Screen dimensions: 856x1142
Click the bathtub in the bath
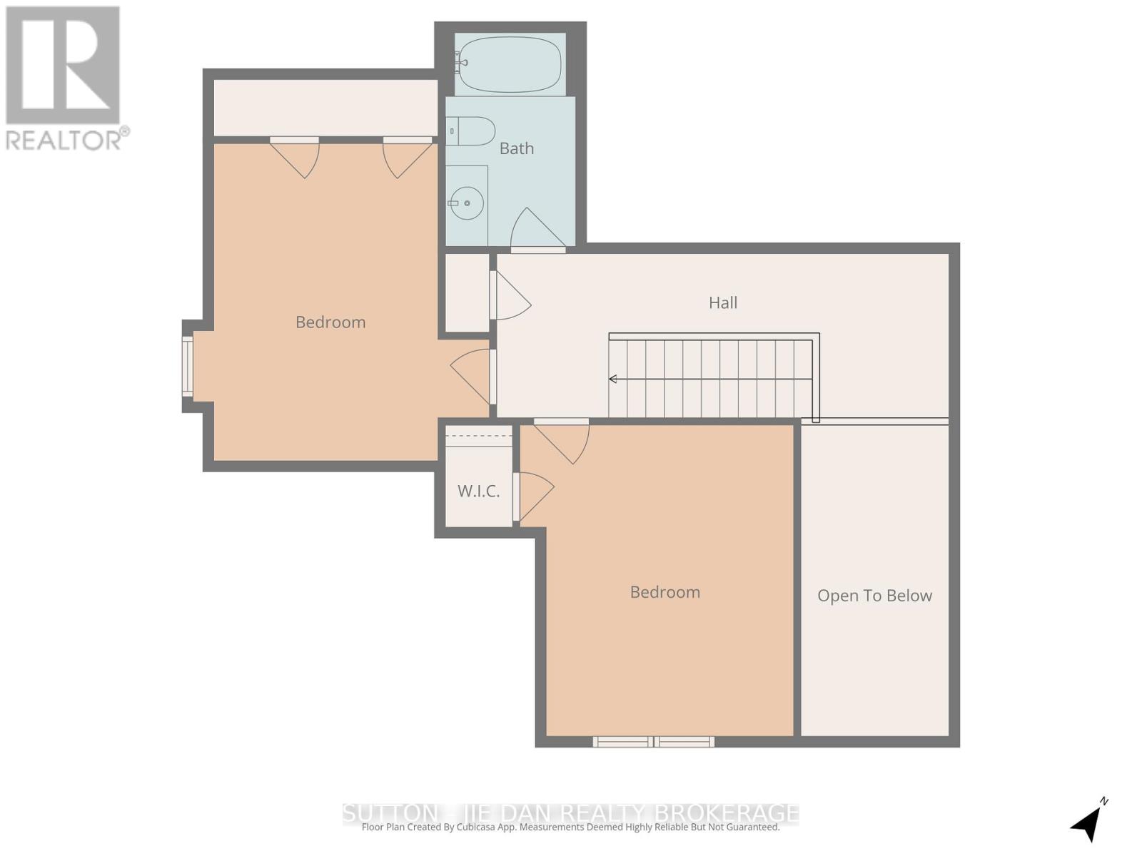[510, 64]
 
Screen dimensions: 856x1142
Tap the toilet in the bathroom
[472, 131]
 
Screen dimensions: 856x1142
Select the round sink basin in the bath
[467, 203]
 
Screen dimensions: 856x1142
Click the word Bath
[516, 148]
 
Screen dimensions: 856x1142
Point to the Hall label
[722, 302]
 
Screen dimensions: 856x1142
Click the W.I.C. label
[478, 491]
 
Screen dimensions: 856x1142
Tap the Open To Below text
[874, 596]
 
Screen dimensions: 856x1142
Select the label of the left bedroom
[330, 322]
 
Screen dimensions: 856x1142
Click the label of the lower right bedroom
[665, 592]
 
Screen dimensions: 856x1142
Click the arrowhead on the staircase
[612, 379]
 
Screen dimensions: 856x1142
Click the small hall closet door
[511, 297]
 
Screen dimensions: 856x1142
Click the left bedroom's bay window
[187, 367]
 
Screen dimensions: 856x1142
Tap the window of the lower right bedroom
[653, 742]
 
